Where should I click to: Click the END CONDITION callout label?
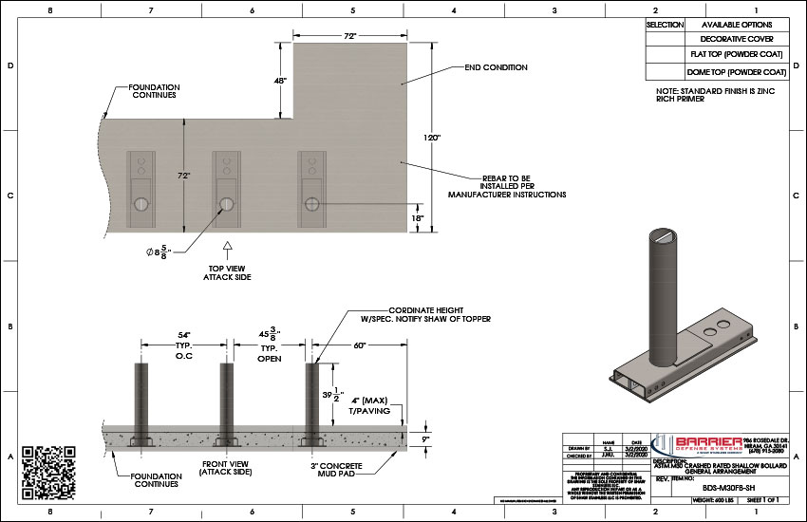495,68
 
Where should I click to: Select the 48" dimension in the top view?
281,82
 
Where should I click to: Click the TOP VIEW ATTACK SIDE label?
228,274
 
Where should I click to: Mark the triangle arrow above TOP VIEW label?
228,249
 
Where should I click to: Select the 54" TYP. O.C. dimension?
184,347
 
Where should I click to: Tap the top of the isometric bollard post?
662,233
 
